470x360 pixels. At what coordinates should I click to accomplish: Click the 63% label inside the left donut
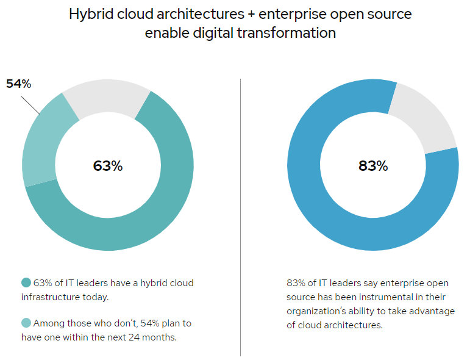(108, 165)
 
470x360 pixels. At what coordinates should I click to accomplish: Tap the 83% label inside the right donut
(372, 165)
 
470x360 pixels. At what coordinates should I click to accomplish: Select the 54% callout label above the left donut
(18, 84)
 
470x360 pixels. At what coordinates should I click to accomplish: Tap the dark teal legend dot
(26, 283)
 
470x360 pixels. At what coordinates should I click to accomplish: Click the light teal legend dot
(26, 323)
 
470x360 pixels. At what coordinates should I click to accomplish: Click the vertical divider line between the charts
(241, 214)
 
